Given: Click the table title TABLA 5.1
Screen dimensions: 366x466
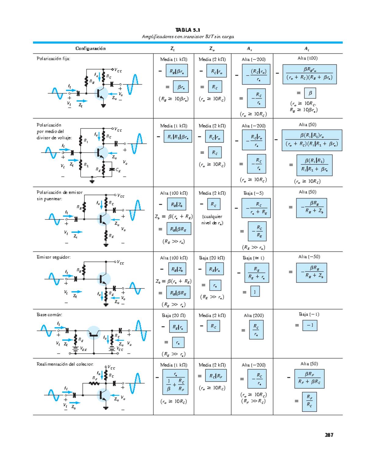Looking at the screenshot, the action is pos(188,30).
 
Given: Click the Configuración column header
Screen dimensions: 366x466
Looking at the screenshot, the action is pos(90,49).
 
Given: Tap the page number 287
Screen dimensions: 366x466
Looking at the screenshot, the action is pos(329,435).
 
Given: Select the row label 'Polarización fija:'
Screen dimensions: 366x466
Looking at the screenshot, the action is pos(53,59).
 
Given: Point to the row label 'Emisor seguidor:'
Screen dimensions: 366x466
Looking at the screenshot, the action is pos(54,257).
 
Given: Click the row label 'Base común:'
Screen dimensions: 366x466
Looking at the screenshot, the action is pos(49,315).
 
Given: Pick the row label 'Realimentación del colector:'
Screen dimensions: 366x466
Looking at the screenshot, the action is pos(65,364).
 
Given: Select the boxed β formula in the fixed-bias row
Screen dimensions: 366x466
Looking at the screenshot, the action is pos(310,93).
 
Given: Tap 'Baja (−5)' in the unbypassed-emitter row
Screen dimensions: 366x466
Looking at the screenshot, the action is pos(253,193).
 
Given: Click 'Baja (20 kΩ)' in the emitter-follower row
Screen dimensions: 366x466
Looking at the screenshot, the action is pos(212,258).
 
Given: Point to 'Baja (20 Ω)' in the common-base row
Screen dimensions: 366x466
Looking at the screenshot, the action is pos(174,316).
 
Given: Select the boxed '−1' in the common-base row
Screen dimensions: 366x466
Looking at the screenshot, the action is pos(310,325).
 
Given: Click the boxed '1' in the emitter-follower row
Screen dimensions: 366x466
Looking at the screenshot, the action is pos(255,292).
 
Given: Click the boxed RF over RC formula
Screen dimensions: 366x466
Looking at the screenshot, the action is pos(309,401).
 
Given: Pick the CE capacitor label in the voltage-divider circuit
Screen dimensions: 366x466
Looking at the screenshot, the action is pos(118,170).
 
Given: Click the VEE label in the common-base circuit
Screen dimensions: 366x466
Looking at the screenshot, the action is pos(83,349).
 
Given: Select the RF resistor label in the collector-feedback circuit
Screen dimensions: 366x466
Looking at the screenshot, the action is pos(95,378).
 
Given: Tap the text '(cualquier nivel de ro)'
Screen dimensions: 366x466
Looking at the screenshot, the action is pos(212,220).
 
